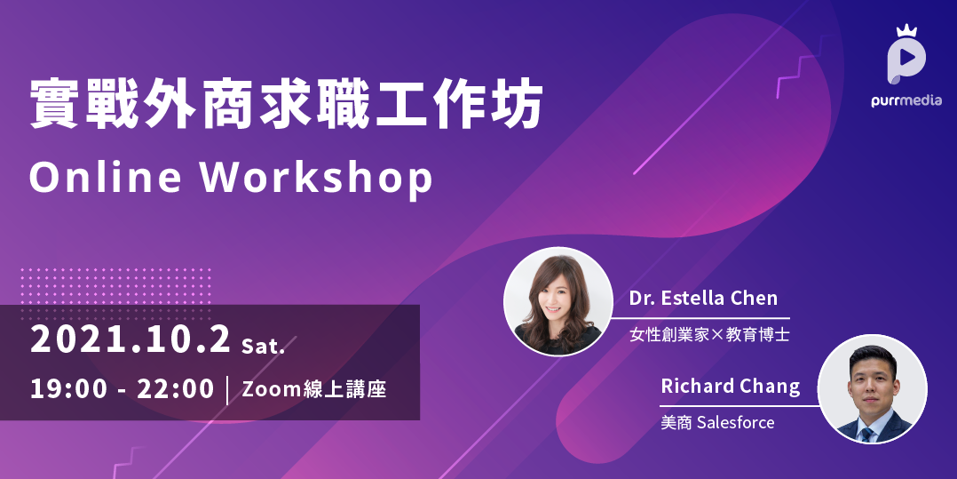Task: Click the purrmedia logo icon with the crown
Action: (x=906, y=56)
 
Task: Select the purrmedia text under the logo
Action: (x=906, y=100)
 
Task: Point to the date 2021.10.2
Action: (x=130, y=339)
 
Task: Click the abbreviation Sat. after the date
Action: (x=263, y=347)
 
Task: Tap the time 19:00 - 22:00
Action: (x=123, y=389)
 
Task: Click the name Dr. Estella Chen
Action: (x=703, y=299)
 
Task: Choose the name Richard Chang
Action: (x=730, y=386)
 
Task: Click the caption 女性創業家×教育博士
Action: (x=709, y=335)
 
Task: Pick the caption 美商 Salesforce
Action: (x=717, y=422)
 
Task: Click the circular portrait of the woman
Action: (x=558, y=301)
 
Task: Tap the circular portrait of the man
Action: (x=872, y=389)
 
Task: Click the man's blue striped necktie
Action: (x=867, y=435)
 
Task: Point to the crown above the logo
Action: (x=906, y=30)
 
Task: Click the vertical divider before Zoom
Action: (x=228, y=390)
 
